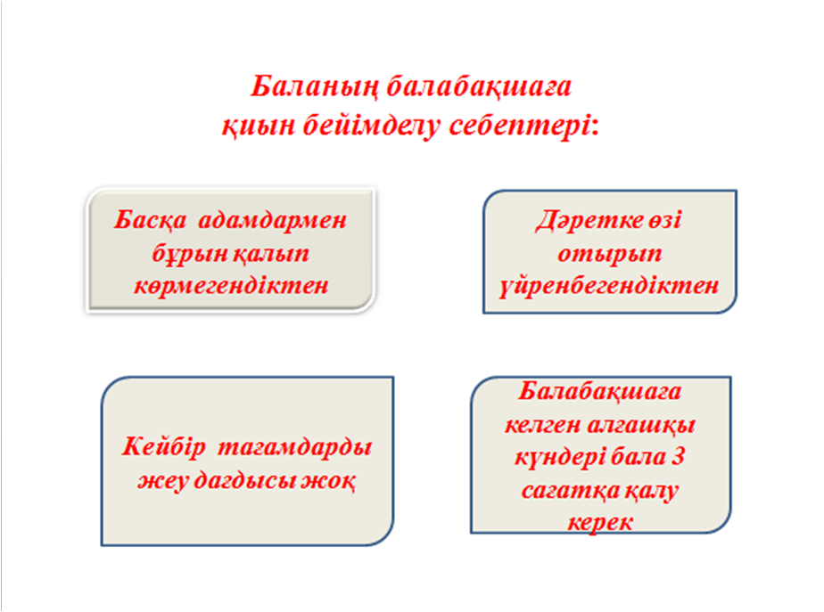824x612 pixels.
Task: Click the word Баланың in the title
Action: (x=315, y=87)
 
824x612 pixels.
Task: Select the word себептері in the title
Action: (x=524, y=126)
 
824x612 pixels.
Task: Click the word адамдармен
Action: (x=272, y=220)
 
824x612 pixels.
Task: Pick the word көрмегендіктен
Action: (x=231, y=286)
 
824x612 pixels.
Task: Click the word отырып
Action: (x=610, y=254)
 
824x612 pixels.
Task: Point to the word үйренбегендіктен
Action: (x=609, y=286)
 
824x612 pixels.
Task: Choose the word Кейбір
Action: (x=163, y=447)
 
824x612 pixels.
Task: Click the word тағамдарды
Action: (x=295, y=447)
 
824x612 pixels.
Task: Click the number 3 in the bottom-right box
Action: (x=678, y=456)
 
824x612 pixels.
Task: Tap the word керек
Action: (x=600, y=523)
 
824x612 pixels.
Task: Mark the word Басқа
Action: (x=151, y=220)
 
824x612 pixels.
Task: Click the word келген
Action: (x=542, y=424)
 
